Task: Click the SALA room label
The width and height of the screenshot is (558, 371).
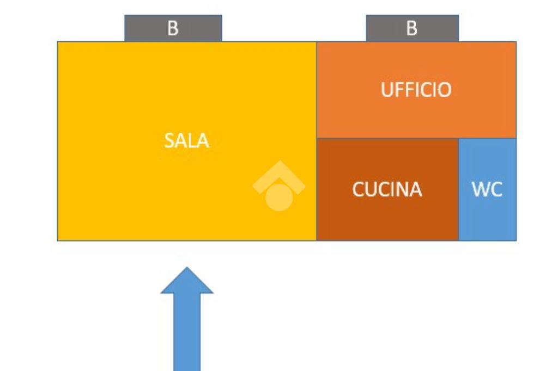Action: click(x=186, y=141)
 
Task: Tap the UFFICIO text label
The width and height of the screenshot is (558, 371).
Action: click(x=416, y=90)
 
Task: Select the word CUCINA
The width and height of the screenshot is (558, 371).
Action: click(x=387, y=190)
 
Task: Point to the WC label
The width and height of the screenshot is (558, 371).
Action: click(x=487, y=190)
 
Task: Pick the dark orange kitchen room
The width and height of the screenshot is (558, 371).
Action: click(x=387, y=218)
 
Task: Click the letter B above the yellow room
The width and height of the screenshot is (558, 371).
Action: click(x=173, y=28)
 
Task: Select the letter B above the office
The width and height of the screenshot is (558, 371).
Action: click(x=412, y=28)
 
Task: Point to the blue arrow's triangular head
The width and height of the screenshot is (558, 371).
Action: click(x=187, y=282)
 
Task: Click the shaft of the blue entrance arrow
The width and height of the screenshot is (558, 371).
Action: click(x=187, y=332)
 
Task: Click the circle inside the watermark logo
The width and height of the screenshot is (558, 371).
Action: click(x=278, y=196)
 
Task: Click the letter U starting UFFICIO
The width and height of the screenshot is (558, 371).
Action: click(x=386, y=90)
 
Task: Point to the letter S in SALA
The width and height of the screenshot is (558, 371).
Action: click(x=169, y=141)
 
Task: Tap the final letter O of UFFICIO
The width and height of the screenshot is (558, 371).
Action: click(x=444, y=90)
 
